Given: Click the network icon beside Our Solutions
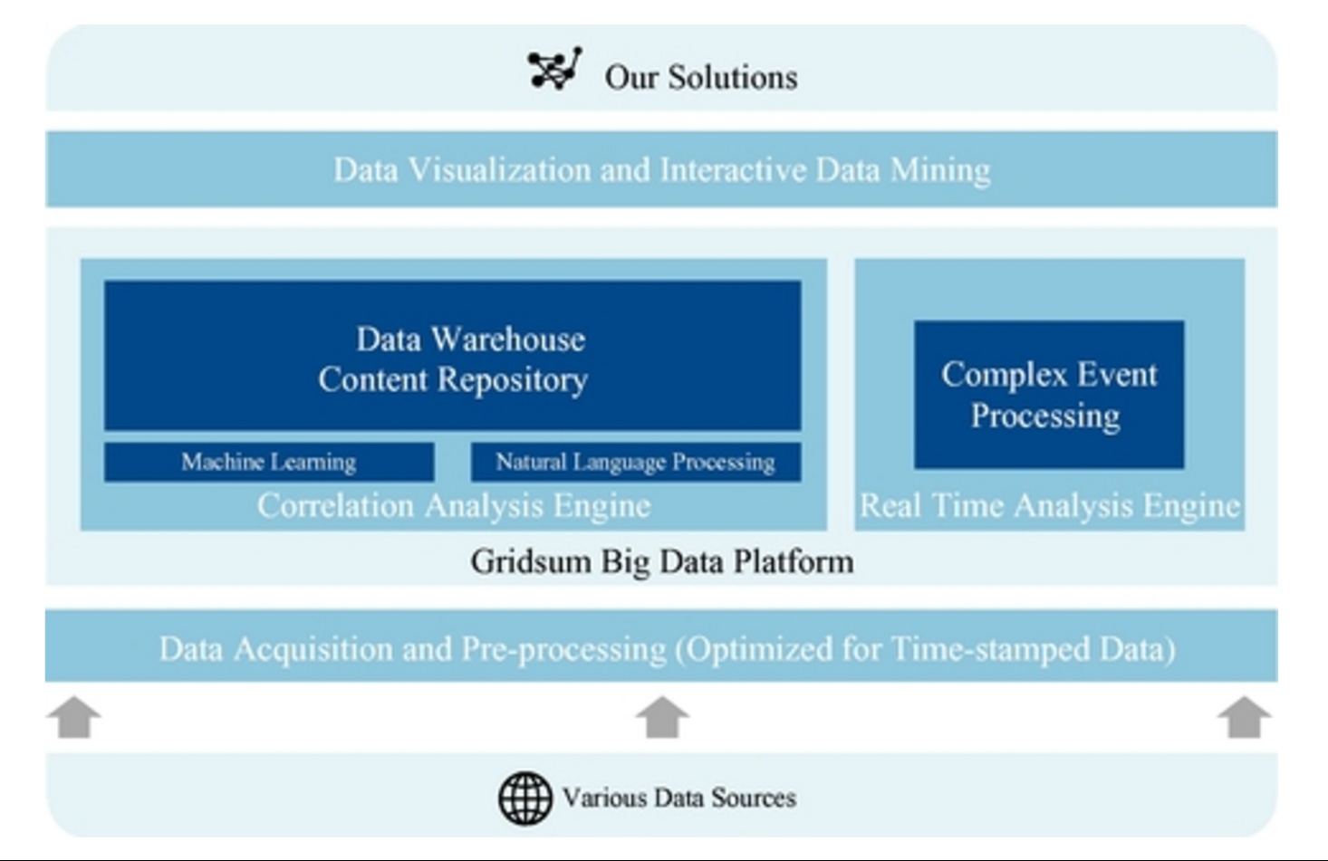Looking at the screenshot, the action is [555, 69].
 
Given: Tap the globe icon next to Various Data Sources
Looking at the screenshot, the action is [525, 799].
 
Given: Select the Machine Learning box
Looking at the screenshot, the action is [269, 463].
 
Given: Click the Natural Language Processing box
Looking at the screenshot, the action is [636, 463].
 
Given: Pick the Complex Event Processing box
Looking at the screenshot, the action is [1049, 395].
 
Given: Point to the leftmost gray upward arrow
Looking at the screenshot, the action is [74, 717].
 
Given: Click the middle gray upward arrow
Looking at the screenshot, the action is [662, 717].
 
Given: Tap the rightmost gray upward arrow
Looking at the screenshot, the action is [1244, 717].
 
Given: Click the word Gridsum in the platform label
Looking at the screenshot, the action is [531, 561].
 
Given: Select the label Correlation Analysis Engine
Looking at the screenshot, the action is [454, 506].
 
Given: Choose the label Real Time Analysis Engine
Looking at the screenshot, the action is [1050, 506].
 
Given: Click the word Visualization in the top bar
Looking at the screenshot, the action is [500, 170].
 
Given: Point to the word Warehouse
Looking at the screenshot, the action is [508, 340].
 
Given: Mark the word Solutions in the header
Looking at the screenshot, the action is [733, 78].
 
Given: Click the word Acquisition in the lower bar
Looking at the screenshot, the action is [313, 649].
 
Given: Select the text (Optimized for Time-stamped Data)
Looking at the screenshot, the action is [926, 649].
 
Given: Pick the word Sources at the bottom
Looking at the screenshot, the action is [754, 799].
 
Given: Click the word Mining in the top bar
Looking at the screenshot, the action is [940, 170].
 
